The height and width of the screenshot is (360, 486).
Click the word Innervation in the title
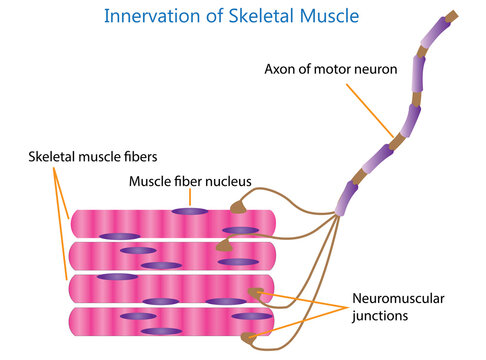click(x=154, y=16)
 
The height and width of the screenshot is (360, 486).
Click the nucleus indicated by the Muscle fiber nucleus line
click(x=189, y=211)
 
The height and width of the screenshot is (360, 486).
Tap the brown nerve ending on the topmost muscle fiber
click(x=238, y=208)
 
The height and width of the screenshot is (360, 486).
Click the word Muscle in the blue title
click(x=331, y=16)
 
